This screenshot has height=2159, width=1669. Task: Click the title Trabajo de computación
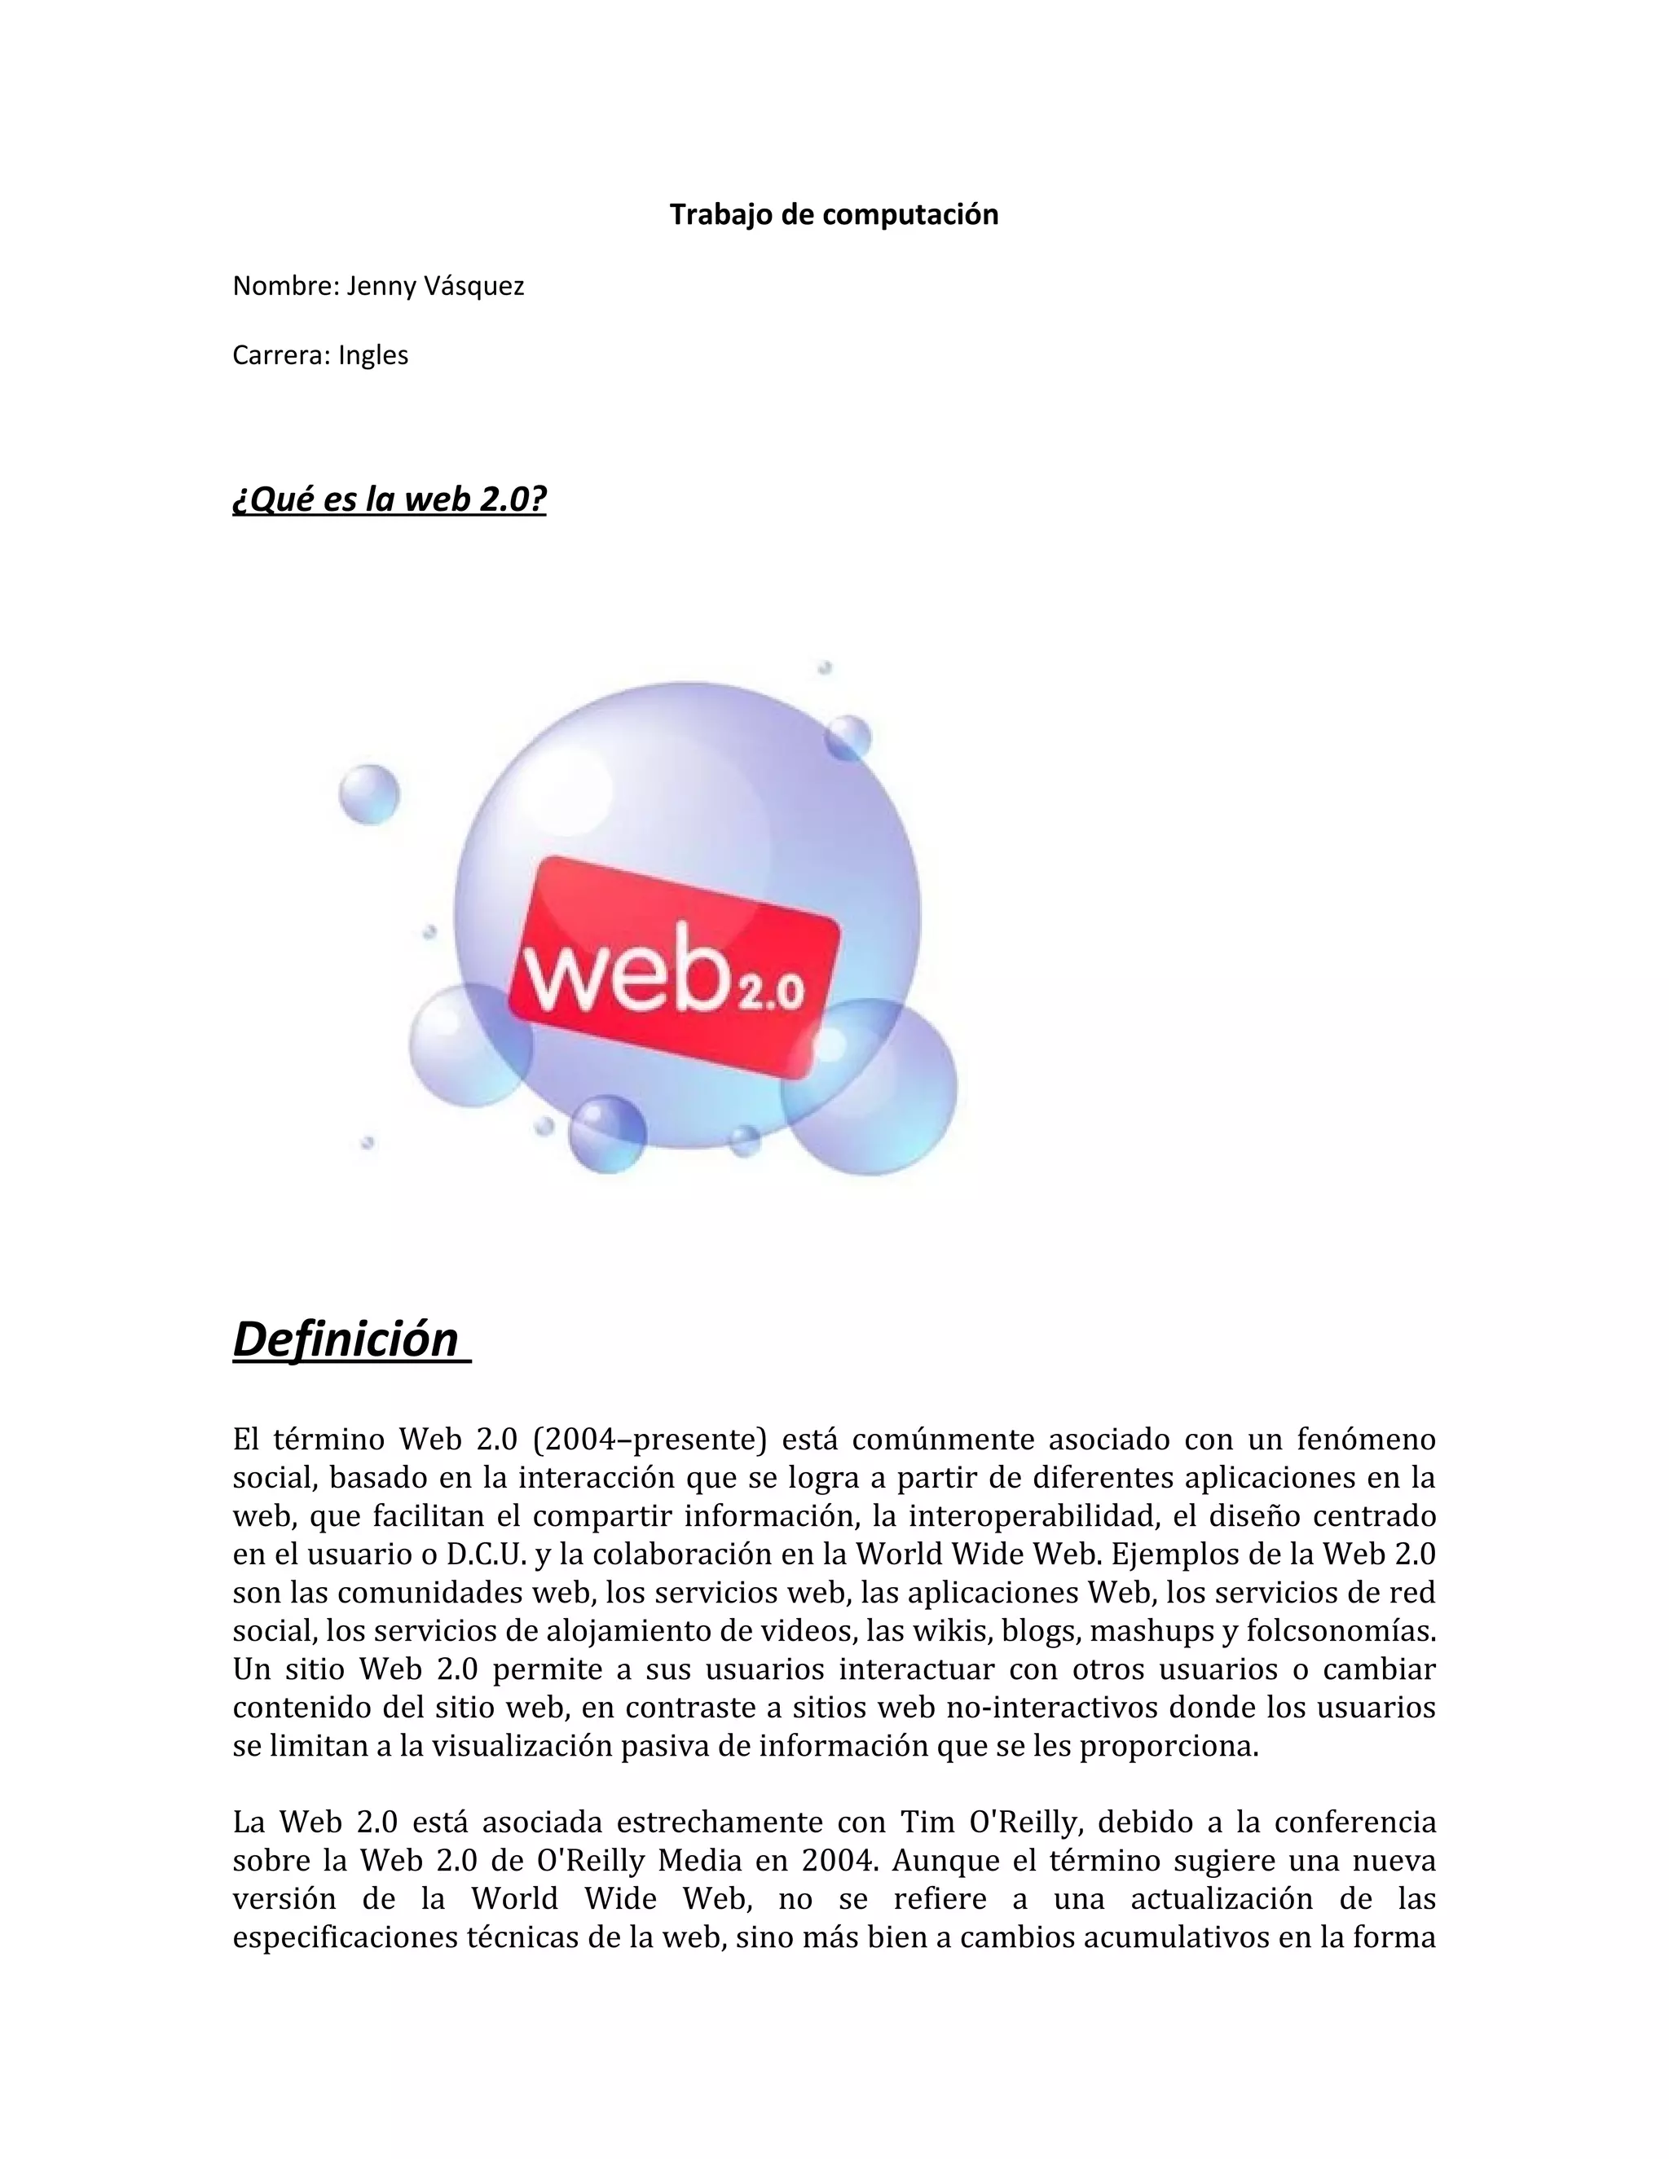pyautogui.click(x=834, y=214)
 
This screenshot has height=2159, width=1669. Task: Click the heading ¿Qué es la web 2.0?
pyautogui.click(x=390, y=499)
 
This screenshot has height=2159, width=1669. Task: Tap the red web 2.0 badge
pyautogui.click(x=674, y=968)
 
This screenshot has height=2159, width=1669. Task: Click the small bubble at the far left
pyautogui.click(x=369, y=794)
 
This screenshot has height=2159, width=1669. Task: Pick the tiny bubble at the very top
pyautogui.click(x=824, y=668)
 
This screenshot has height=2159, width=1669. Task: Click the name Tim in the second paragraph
pyautogui.click(x=927, y=1822)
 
